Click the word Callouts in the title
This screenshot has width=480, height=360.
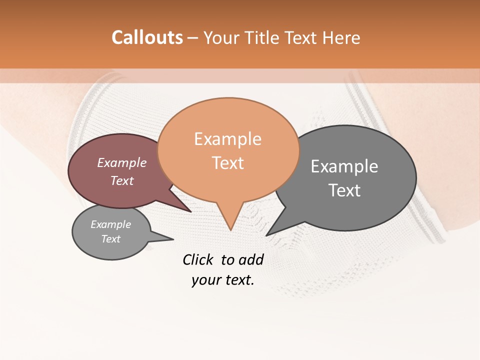[x=147, y=37]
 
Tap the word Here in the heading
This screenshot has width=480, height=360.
[x=341, y=38]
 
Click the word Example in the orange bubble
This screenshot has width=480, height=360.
[x=227, y=139]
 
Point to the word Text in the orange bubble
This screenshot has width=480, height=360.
[x=227, y=163]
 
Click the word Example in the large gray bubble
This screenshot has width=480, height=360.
[x=344, y=166]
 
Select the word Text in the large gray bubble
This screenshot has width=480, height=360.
[x=344, y=190]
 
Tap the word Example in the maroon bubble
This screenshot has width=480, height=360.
[x=121, y=162]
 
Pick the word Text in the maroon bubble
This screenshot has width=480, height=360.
[x=121, y=180]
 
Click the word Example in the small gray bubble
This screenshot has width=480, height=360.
[x=110, y=224]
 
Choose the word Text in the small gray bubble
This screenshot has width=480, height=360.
[x=110, y=239]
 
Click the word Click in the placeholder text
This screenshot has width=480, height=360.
[x=198, y=259]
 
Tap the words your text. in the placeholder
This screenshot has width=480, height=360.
[x=223, y=280]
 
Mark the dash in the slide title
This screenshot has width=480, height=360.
[x=193, y=38]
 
